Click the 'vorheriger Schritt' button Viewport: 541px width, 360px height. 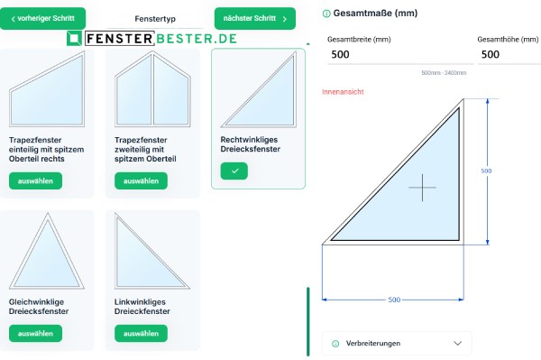coord(43,18)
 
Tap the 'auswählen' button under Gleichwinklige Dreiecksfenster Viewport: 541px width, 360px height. coord(36,333)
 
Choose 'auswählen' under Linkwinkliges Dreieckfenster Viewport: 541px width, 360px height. coord(141,333)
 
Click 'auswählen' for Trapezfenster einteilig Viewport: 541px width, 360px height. coord(36,180)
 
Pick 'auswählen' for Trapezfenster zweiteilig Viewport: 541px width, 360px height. coord(141,180)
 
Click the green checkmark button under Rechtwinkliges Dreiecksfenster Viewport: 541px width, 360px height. coord(234,171)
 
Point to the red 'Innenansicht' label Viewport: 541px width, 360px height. coord(343,92)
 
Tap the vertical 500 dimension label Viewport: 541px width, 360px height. coord(486,171)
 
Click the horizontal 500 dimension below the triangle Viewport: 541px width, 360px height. coord(394,299)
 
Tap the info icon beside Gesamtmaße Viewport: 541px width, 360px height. coord(326,14)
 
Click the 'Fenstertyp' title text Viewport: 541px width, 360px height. coord(150,18)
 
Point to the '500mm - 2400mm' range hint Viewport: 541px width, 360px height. coord(443,72)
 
